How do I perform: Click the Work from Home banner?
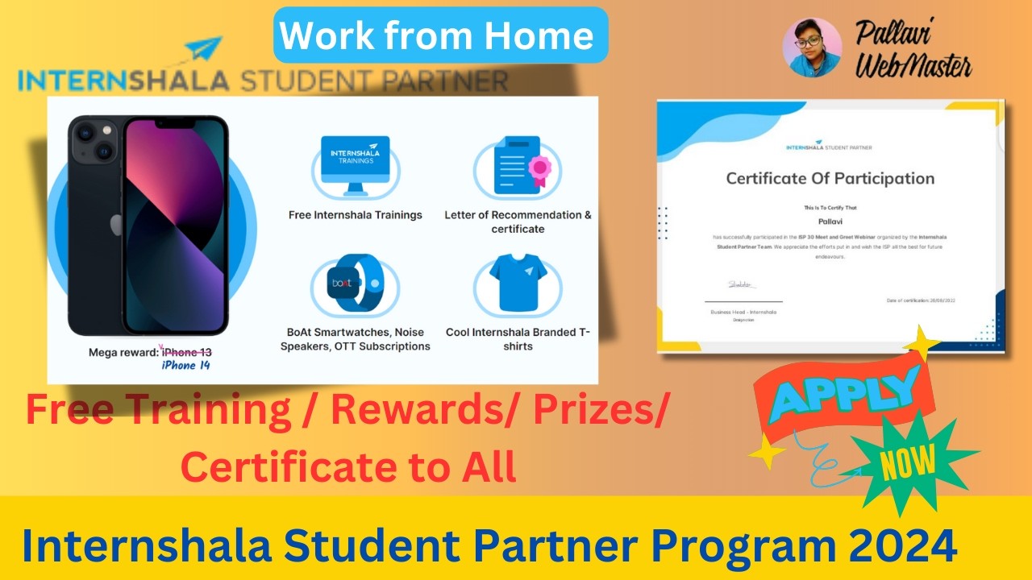(x=440, y=35)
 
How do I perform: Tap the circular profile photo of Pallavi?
(x=813, y=47)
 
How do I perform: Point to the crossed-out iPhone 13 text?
(x=187, y=352)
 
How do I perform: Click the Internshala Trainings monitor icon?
(x=355, y=164)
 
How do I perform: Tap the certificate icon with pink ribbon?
(x=517, y=165)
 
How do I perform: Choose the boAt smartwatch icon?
(x=355, y=285)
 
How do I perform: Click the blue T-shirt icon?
(x=517, y=286)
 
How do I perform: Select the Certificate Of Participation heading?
(x=830, y=178)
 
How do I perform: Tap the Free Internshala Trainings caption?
(x=356, y=215)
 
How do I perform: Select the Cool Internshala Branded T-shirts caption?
(x=518, y=339)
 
